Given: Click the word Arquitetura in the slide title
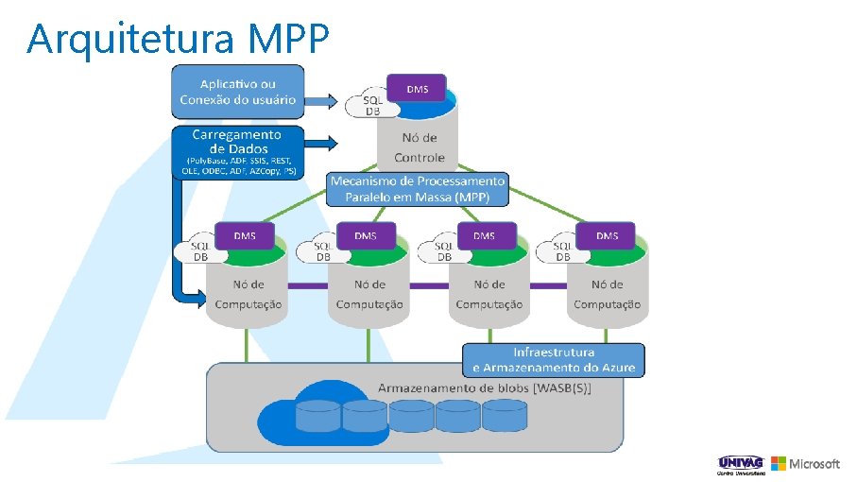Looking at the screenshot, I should tap(132, 40).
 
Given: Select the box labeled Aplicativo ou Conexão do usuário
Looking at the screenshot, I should tap(237, 92).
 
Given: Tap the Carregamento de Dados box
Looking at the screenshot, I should tap(237, 152).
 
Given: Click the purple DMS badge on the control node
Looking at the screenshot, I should tap(417, 90).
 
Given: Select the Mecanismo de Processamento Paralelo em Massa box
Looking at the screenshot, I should tap(418, 189).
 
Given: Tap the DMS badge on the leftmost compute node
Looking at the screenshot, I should tap(245, 235).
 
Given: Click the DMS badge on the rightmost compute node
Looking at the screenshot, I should tap(607, 235).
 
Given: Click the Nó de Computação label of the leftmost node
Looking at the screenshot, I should tap(249, 294).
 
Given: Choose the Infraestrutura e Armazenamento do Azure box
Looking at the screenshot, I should tap(553, 359).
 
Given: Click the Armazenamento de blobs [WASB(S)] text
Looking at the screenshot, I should tap(484, 389).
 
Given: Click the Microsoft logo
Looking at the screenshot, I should tap(805, 464).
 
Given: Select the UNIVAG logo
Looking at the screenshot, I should tap(741, 464).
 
